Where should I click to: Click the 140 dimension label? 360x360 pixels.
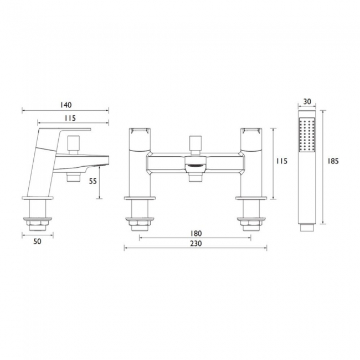[66, 105]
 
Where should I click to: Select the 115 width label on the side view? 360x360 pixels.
[70, 118]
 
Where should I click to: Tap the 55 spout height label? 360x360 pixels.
[93, 181]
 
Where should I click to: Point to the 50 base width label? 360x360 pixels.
[38, 241]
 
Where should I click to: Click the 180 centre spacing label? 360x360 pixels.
[196, 233]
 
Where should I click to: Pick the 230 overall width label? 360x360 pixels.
[196, 243]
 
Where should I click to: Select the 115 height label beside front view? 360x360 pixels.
[282, 161]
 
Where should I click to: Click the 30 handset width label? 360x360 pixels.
[307, 101]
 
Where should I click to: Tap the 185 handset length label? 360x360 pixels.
[333, 161]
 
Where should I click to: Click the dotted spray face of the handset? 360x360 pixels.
[307, 135]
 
